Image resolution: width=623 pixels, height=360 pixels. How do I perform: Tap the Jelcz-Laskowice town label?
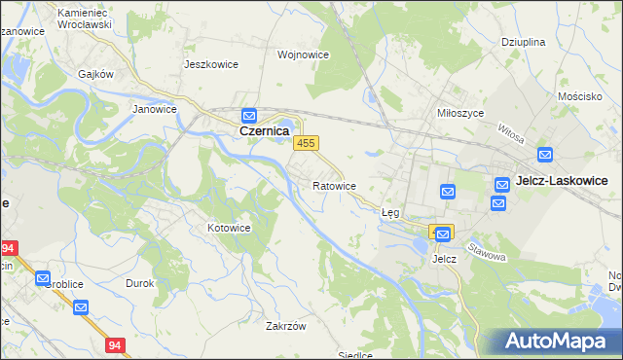pos(562,181)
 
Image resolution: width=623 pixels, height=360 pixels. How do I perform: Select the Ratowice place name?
pos(334,185)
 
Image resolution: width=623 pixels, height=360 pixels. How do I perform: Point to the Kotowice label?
pos(230,228)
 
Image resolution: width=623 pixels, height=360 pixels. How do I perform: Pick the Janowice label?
pos(153,110)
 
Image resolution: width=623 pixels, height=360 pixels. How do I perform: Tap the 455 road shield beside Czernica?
pos(306,143)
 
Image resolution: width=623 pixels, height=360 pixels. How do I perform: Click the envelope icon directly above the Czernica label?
pos(249,114)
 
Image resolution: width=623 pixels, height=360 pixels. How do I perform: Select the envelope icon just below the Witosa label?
pos(544,154)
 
